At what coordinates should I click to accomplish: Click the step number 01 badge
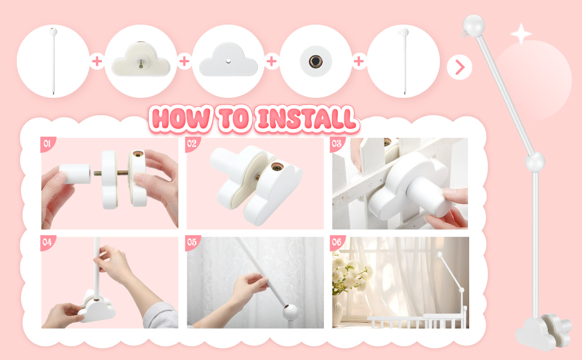[x=47, y=143]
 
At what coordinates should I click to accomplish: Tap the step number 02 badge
[x=192, y=143]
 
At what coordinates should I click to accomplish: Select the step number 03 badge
[x=337, y=143]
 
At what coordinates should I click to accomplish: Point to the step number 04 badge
[x=47, y=242]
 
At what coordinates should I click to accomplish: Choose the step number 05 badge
[x=192, y=242]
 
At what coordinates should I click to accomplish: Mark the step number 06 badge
[x=337, y=242]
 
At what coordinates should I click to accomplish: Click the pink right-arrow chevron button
[x=460, y=68]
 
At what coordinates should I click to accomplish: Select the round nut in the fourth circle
[x=316, y=61]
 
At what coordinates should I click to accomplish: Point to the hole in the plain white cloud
[x=228, y=61]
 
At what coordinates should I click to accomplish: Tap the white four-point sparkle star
[x=521, y=34]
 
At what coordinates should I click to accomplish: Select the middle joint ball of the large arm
[x=535, y=162]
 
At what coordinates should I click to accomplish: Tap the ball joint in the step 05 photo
[x=290, y=312]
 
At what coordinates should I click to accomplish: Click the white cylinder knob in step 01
[x=75, y=174]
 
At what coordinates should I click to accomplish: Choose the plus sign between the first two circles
[x=97, y=61]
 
